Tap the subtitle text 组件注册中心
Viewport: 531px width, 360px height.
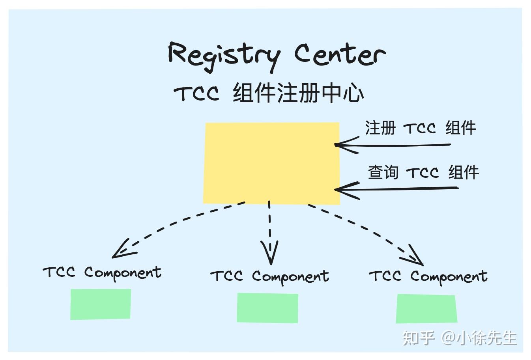(298, 93)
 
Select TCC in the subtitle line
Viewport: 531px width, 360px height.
(196, 94)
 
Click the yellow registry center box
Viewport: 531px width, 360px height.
(271, 163)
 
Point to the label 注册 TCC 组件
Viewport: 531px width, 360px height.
(420, 128)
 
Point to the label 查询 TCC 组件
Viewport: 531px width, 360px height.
(423, 172)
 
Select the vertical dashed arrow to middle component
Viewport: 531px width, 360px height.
(270, 233)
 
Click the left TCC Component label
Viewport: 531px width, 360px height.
(102, 272)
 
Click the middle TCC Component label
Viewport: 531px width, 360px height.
(270, 276)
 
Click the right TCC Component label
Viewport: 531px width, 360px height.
(428, 276)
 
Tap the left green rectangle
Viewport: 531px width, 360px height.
(101, 304)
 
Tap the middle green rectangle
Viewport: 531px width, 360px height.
(267, 308)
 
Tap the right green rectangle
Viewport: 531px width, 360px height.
(426, 309)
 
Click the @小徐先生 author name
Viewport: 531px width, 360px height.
(479, 338)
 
